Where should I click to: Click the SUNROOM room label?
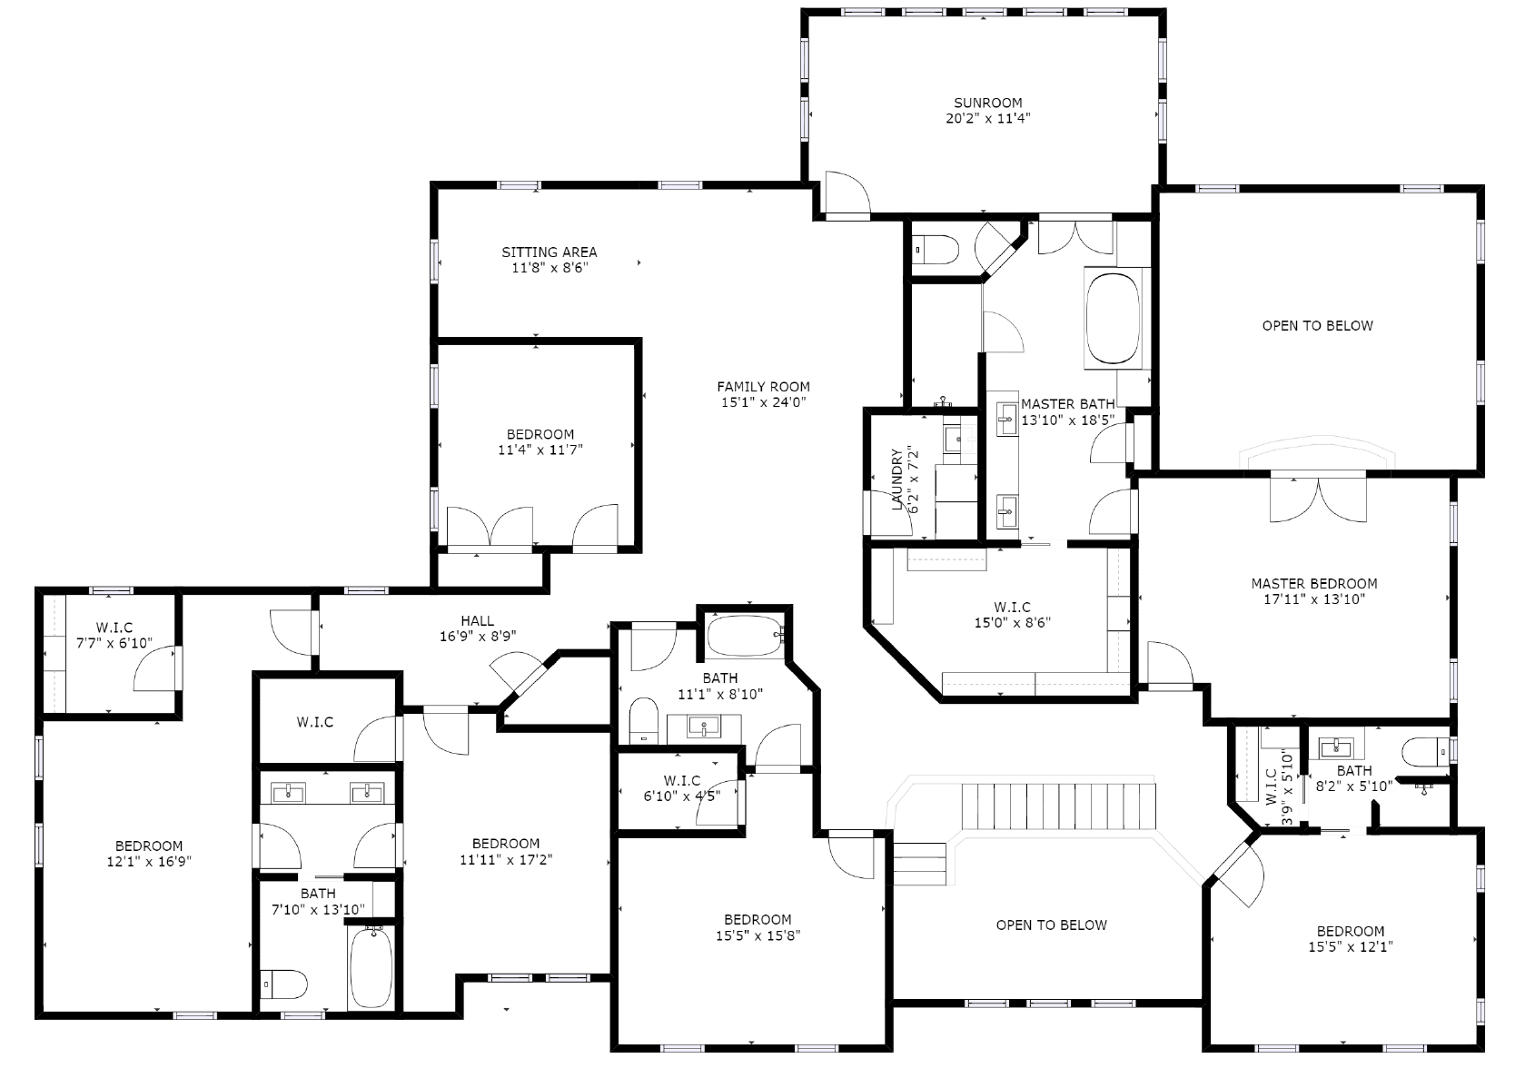pyautogui.click(x=987, y=103)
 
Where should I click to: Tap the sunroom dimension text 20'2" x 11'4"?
pyautogui.click(x=987, y=119)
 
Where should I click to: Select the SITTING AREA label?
pyautogui.click(x=549, y=252)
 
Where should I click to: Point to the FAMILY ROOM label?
pyautogui.click(x=763, y=386)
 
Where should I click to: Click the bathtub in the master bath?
pyautogui.click(x=1114, y=319)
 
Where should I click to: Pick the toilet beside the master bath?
pyautogui.click(x=936, y=250)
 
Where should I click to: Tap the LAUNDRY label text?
pyautogui.click(x=897, y=480)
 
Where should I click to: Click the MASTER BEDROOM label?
pyautogui.click(x=1313, y=584)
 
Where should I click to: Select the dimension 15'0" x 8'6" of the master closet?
pyautogui.click(x=1012, y=622)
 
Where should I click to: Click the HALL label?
pyautogui.click(x=477, y=620)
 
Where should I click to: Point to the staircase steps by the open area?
pyautogui.click(x=1059, y=807)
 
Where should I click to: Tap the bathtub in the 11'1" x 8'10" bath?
pyautogui.click(x=746, y=636)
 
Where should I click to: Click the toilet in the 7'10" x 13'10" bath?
pyautogui.click(x=284, y=984)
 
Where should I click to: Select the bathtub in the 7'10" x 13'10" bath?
pyautogui.click(x=371, y=967)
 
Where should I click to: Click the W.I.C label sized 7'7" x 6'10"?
pyautogui.click(x=114, y=628)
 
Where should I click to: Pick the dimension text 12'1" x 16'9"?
pyautogui.click(x=149, y=862)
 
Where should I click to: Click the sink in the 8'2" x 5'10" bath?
pyautogui.click(x=1334, y=747)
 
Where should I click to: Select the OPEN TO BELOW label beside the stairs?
pyautogui.click(x=1051, y=925)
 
